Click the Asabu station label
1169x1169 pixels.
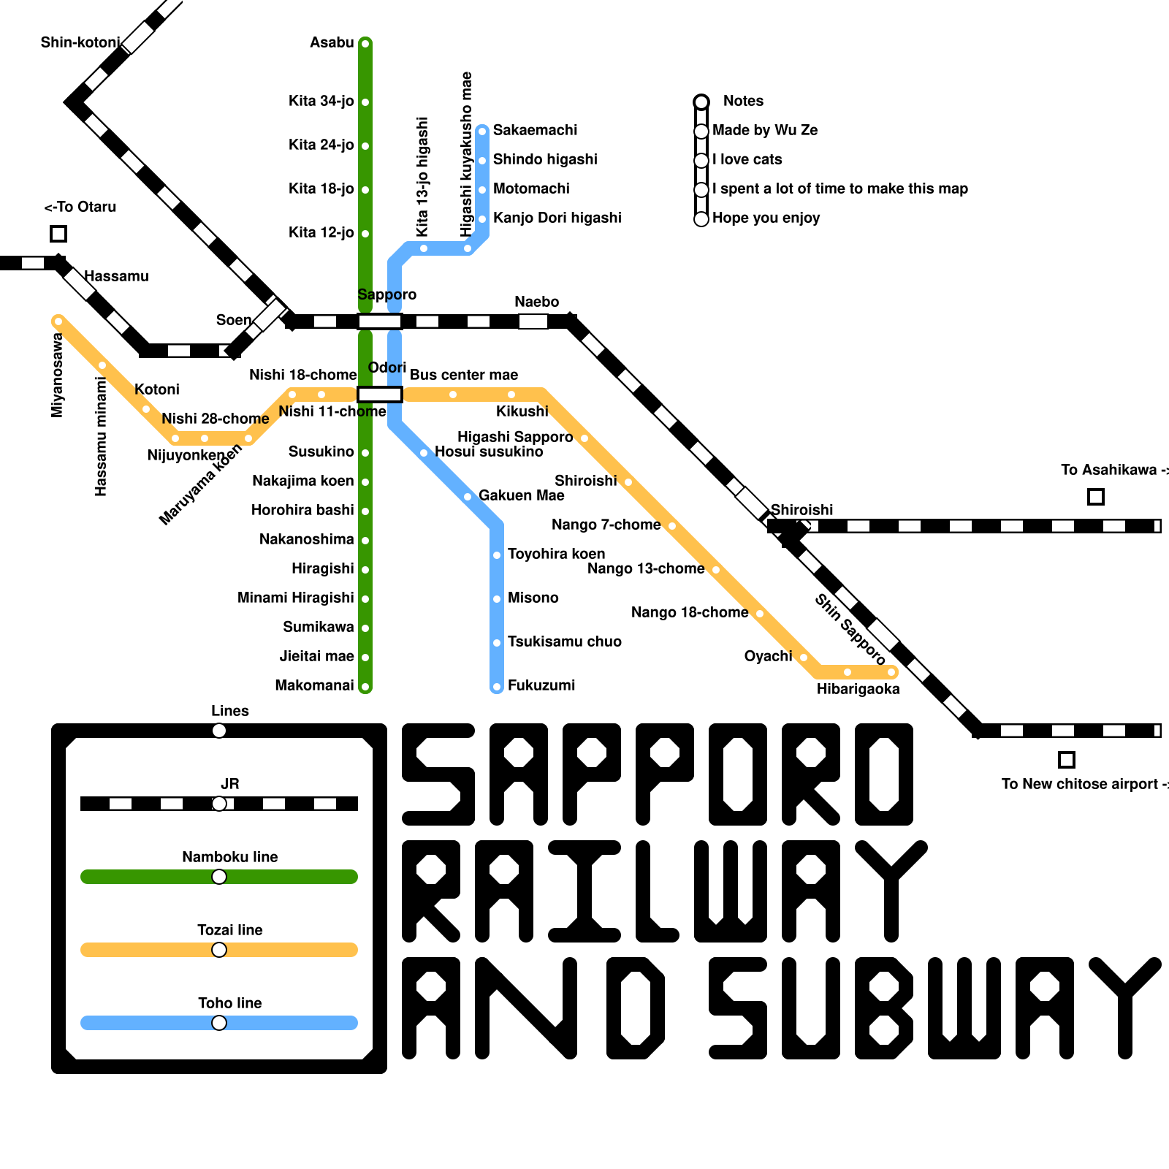tap(332, 42)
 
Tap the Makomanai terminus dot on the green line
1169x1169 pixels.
tap(365, 687)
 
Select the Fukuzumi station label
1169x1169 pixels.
tap(541, 685)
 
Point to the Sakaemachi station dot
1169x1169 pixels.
tap(482, 132)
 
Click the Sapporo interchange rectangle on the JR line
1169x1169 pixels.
tap(380, 321)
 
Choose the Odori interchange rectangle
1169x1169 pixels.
tap(380, 395)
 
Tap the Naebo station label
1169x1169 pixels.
tap(536, 302)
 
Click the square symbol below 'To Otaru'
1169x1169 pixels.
tap(58, 234)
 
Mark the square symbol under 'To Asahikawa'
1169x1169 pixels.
tap(1096, 497)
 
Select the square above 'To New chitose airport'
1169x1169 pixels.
tap(1067, 760)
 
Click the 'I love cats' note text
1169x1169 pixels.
tap(747, 159)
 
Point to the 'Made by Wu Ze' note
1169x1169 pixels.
tap(765, 130)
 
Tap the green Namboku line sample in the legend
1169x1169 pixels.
tap(146, 877)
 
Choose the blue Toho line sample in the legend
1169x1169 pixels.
tap(146, 1023)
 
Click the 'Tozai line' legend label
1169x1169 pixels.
tap(229, 930)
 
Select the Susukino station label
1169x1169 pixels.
tap(321, 452)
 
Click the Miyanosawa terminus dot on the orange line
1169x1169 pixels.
tap(58, 321)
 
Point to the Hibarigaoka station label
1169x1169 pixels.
tap(858, 689)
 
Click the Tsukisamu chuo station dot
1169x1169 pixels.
tap(497, 643)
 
